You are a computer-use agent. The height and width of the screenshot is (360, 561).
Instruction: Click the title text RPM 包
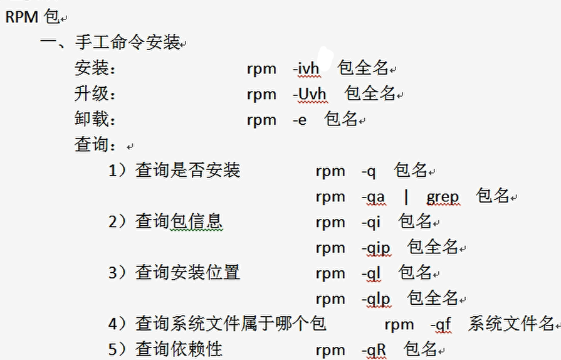click(x=32, y=17)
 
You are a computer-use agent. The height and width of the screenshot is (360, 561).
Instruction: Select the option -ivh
click(x=306, y=68)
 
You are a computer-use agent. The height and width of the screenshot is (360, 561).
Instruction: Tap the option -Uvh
click(x=310, y=94)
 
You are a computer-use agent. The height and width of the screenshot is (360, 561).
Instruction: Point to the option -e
click(x=300, y=120)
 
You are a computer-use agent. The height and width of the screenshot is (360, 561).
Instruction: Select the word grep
click(x=443, y=197)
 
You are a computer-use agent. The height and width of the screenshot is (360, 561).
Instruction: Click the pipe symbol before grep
click(x=406, y=197)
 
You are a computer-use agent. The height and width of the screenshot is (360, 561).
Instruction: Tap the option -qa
click(x=373, y=197)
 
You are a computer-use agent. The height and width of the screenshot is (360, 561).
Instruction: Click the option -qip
click(x=375, y=248)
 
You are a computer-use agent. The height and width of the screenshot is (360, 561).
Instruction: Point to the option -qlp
click(x=375, y=299)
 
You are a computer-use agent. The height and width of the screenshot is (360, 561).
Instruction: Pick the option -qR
click(x=374, y=350)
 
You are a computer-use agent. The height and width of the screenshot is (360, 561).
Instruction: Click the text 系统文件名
click(x=511, y=324)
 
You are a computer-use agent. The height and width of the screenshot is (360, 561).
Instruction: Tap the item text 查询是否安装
click(x=187, y=171)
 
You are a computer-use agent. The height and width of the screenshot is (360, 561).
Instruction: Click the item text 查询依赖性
click(x=179, y=349)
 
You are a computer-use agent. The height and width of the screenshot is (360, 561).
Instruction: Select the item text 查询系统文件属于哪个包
click(x=231, y=324)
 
